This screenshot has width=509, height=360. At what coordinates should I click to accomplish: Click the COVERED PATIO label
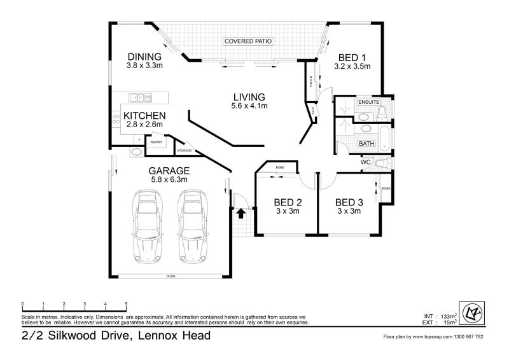click(248, 41)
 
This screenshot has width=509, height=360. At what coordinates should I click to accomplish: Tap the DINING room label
click(144, 56)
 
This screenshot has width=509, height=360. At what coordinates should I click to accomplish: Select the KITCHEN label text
click(144, 116)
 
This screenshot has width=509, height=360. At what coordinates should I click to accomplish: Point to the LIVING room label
click(249, 97)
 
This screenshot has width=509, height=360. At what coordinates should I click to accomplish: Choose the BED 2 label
click(288, 203)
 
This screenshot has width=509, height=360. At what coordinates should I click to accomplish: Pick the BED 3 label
click(349, 203)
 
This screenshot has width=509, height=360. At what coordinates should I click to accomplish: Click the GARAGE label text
click(169, 170)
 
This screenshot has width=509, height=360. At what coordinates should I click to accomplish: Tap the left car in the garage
click(148, 227)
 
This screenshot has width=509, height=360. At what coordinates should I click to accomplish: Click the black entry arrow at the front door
click(241, 214)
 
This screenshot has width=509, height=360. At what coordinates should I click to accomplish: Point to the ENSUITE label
click(368, 102)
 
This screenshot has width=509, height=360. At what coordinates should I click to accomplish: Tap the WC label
click(366, 162)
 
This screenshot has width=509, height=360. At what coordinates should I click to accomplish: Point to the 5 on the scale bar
click(126, 303)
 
